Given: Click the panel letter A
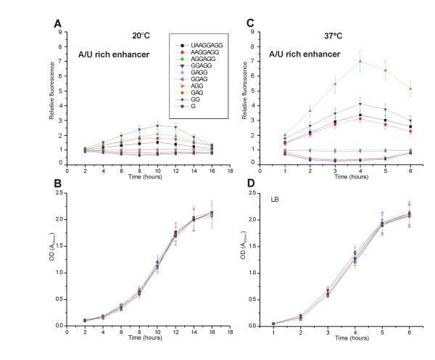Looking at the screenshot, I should tap(58, 23).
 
